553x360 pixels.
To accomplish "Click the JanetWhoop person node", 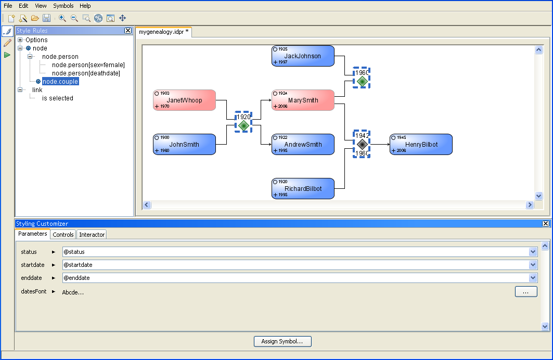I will (x=184, y=100).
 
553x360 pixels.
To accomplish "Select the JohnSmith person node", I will (x=184, y=145).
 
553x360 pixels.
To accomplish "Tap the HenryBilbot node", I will (x=421, y=145).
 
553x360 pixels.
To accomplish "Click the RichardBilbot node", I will (x=303, y=189).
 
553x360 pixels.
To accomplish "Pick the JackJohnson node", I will (x=303, y=56).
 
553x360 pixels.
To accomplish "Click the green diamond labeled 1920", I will (x=243, y=125).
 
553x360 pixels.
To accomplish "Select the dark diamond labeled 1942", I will (x=362, y=144).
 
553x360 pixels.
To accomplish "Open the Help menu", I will (x=85, y=6).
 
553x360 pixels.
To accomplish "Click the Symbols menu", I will (x=63, y=6).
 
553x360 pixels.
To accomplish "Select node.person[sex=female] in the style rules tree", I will (x=88, y=65).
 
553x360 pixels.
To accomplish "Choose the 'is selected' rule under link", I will (x=58, y=98).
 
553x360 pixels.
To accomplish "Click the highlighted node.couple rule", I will (x=60, y=82).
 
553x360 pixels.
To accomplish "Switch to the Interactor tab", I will (x=92, y=235).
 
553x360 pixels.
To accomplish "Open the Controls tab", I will (x=63, y=235).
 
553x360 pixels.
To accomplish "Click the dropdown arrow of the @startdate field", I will (x=533, y=265).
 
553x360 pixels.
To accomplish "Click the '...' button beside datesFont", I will (x=526, y=292).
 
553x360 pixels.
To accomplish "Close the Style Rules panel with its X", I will (x=128, y=31).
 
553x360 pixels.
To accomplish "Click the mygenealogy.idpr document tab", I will (x=163, y=32).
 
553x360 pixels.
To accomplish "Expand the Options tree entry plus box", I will (x=20, y=40).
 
